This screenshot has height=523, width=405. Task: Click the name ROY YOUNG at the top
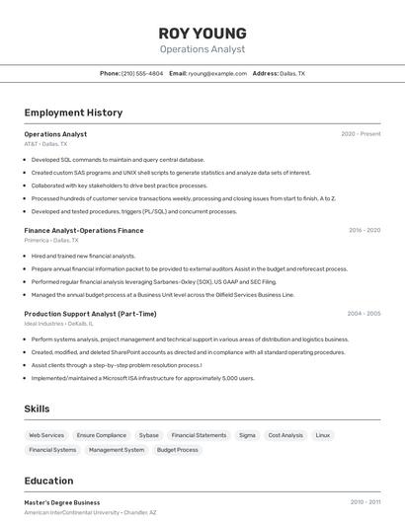click(202, 33)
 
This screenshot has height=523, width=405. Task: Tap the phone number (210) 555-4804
click(142, 73)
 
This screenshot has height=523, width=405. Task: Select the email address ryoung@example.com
click(217, 73)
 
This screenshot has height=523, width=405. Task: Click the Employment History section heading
click(73, 112)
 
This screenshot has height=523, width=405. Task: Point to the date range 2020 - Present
click(361, 134)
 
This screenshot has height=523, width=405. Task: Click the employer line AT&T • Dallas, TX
click(45, 144)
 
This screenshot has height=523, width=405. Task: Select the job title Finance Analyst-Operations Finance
click(84, 230)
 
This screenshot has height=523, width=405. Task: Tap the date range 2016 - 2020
click(364, 230)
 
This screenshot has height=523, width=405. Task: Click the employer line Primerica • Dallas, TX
click(51, 240)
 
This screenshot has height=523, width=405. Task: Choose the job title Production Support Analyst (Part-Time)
click(90, 314)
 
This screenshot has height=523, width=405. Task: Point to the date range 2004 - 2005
click(364, 314)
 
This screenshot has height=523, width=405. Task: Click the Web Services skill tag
click(46, 435)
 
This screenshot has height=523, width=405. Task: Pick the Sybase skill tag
click(148, 435)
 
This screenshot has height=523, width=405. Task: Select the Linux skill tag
click(323, 435)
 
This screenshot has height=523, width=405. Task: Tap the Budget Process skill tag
click(177, 450)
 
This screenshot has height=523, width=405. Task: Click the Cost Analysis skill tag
click(285, 435)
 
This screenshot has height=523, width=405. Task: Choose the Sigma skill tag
click(247, 435)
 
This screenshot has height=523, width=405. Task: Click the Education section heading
click(48, 481)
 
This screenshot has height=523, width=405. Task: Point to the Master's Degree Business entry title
click(62, 502)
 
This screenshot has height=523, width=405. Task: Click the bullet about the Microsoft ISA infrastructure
click(143, 378)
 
